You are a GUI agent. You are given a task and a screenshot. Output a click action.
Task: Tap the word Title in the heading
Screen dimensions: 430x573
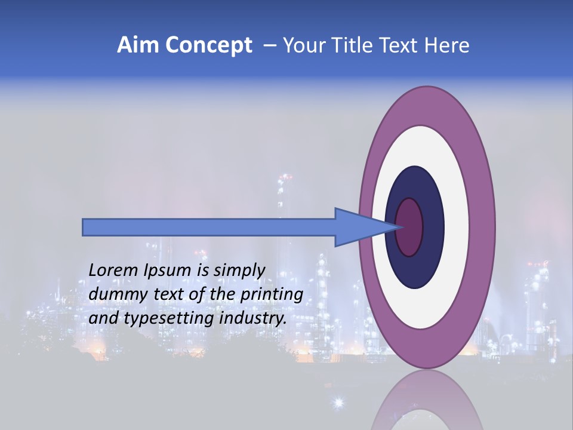coord(358,45)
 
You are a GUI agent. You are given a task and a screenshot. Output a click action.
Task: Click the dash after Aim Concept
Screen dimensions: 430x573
coord(269,46)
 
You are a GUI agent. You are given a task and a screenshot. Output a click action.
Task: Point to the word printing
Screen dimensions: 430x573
coord(271,295)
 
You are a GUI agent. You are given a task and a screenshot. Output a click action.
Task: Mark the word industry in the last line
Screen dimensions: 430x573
coord(252,318)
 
